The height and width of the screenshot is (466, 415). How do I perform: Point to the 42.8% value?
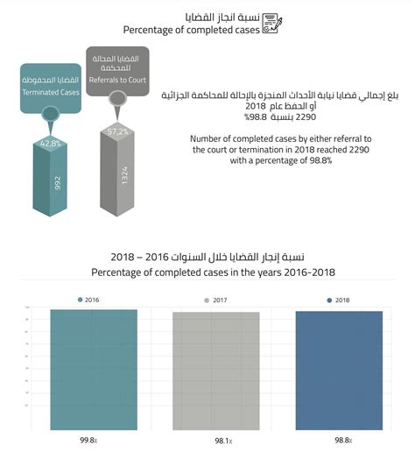(49, 143)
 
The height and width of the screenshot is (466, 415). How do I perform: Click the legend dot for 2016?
(81, 300)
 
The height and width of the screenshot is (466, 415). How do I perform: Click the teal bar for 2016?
(94, 370)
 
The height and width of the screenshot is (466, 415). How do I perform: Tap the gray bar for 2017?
(215, 371)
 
